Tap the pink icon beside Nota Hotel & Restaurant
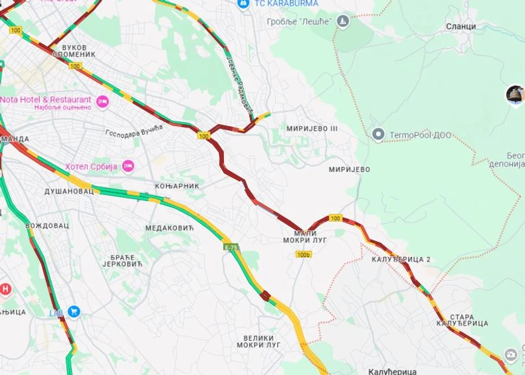pos(102,102)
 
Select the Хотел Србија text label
pos(91,166)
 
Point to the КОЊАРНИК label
pos(177,186)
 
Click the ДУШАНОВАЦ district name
pos(69,191)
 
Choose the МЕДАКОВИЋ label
pos(169,228)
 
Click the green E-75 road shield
pos(231,248)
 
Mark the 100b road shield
pos(303,254)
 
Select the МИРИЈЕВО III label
pos(312,128)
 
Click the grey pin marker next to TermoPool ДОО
pos(378,135)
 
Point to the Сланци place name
pos(461,27)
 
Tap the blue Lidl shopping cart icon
pos(74,311)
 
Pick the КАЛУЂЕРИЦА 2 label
pos(401,259)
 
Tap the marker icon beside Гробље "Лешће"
pos(343,22)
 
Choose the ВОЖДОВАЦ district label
pos(47,226)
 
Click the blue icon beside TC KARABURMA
pos(244,4)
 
